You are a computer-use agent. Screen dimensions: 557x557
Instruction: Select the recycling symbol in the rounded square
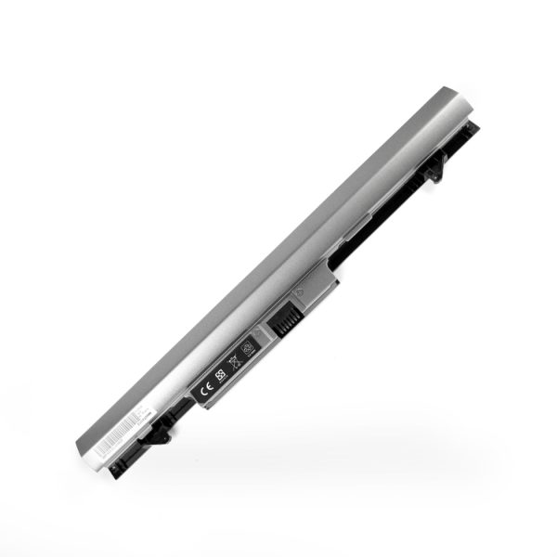tap(248, 347)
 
